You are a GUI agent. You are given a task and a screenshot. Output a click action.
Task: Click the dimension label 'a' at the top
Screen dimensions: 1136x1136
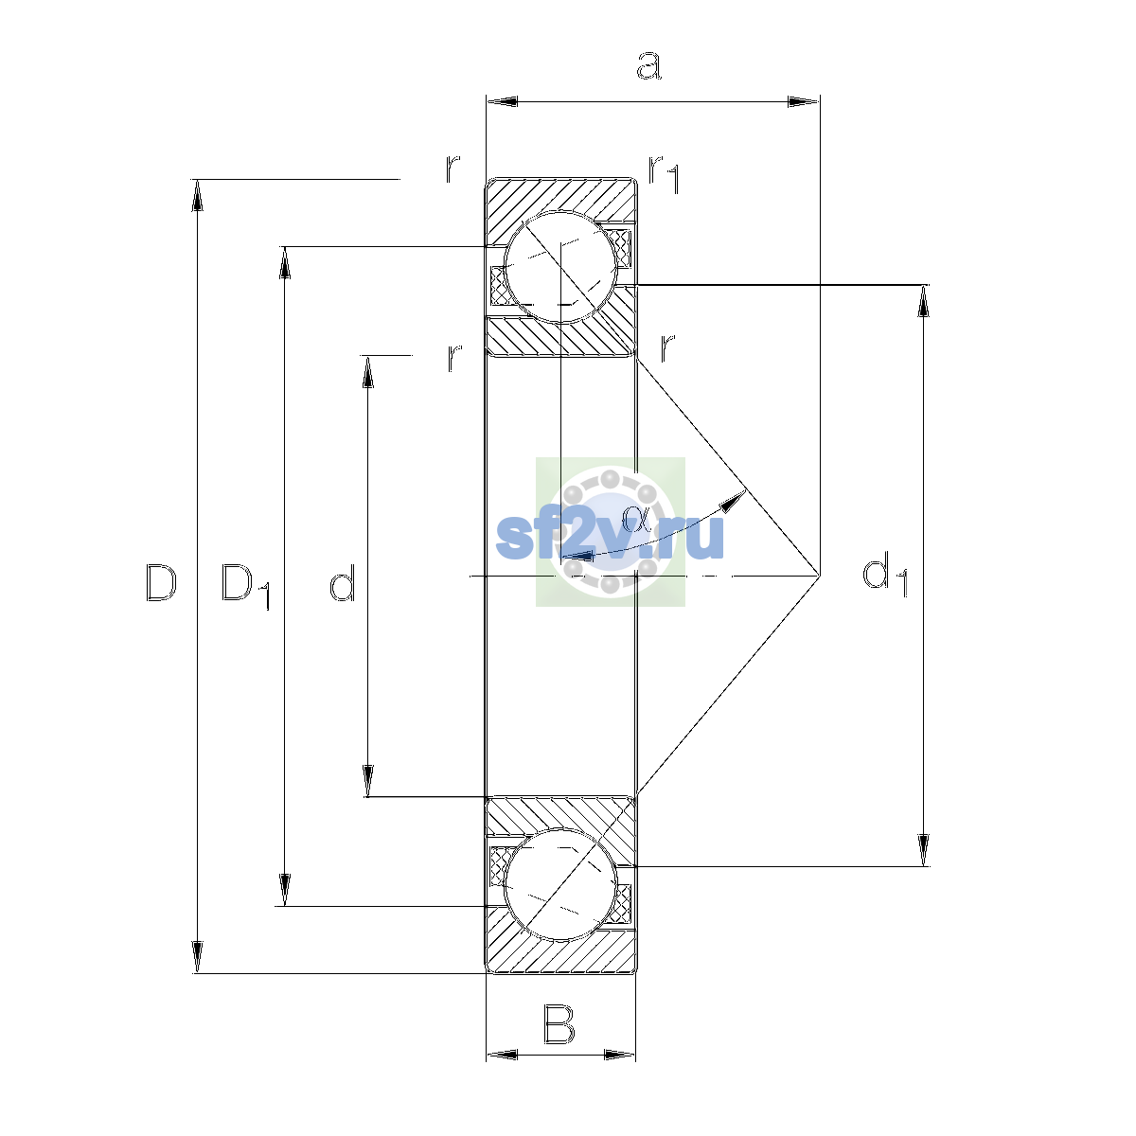click(x=648, y=65)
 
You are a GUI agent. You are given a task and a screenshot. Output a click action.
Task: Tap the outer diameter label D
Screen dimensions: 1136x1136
click(x=161, y=582)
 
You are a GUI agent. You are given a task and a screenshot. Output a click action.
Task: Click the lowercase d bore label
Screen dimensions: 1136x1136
click(x=343, y=582)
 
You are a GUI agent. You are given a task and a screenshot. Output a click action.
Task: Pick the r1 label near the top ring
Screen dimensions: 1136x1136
click(x=665, y=175)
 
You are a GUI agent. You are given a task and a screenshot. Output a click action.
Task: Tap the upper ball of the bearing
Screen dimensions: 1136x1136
click(x=560, y=268)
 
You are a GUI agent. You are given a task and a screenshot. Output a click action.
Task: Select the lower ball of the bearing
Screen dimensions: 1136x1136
click(x=560, y=884)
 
